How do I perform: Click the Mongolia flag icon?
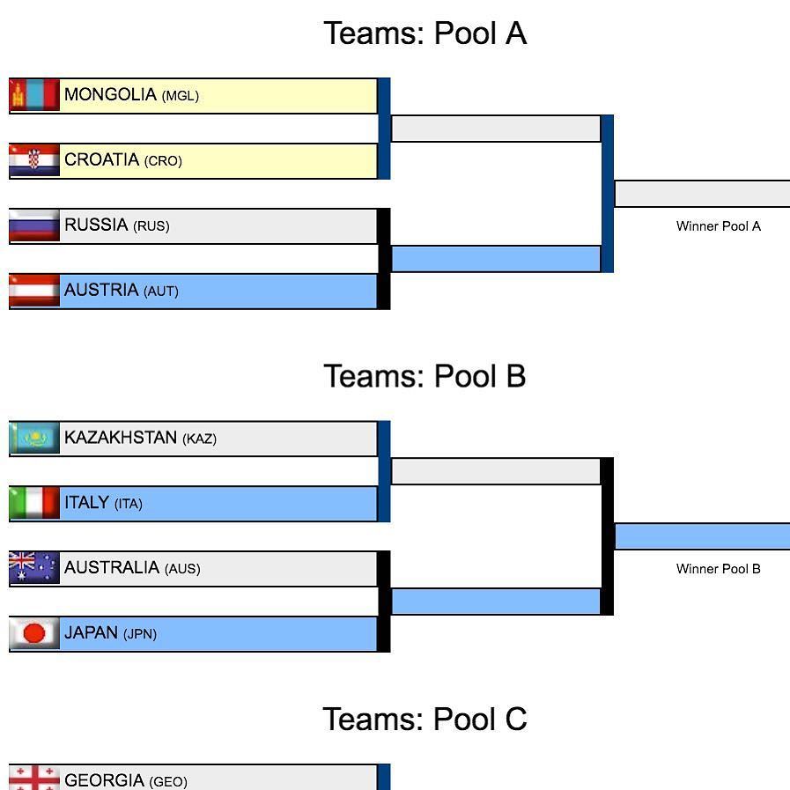pos(34,95)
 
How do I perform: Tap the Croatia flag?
pos(34,160)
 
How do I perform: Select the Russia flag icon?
pos(34,225)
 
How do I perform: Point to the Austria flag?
pos(34,291)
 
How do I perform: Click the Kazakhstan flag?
pos(34,438)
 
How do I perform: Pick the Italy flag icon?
pos(34,503)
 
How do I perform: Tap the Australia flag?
pos(34,568)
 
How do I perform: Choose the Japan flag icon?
pos(34,633)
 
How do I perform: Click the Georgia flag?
pos(34,779)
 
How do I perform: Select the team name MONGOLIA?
pos(110,95)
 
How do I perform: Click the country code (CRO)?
pos(163,161)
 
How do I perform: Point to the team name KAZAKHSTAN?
pos(121,438)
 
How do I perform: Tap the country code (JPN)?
pos(139,634)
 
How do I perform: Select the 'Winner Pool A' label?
pos(718,226)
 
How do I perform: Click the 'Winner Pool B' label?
pos(718,569)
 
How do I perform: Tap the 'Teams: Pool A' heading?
pos(425,33)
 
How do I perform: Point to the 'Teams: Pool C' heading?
pos(425,719)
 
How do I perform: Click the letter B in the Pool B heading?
pos(515,377)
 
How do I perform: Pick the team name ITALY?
pos(86,503)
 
